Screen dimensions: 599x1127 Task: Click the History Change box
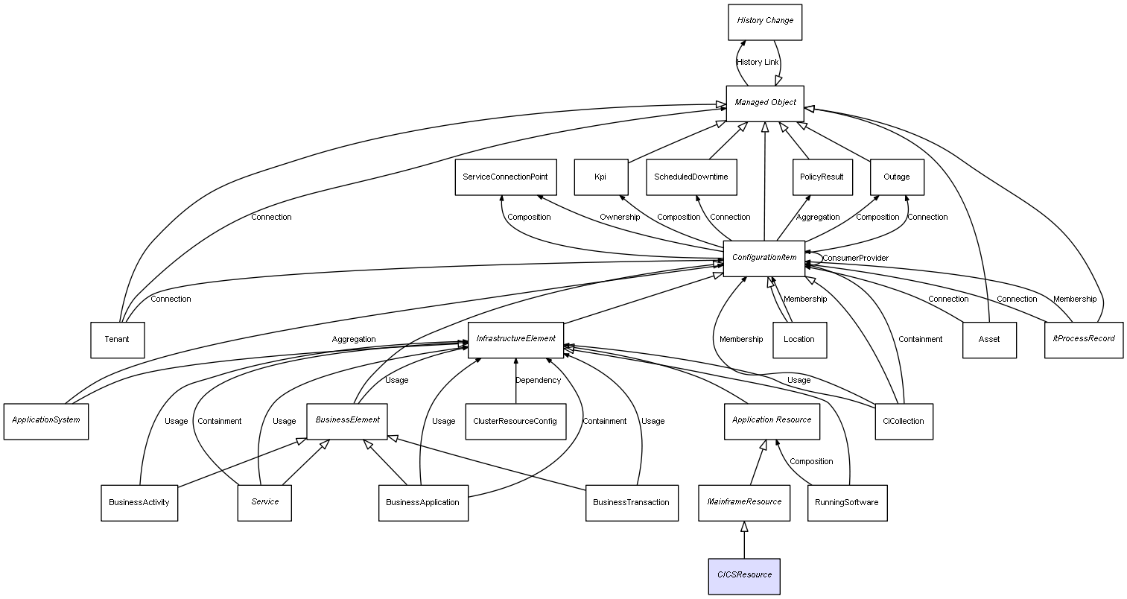(765, 22)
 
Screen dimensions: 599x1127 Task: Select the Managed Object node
(765, 103)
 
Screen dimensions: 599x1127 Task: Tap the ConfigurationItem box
(763, 258)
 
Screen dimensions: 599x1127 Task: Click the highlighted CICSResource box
(744, 576)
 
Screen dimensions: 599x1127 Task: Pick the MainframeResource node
(743, 502)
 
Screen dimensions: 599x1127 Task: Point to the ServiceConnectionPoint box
(504, 177)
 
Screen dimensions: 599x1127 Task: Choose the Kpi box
(600, 177)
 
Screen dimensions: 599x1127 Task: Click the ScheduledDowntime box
(691, 177)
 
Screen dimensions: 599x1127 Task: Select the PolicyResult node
(821, 177)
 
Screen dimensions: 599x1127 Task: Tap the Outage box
(896, 177)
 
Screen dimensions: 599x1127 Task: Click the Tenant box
(117, 340)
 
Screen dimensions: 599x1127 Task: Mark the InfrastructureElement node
(515, 339)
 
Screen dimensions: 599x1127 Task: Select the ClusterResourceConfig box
(515, 422)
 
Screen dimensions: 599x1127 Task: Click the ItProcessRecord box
(1083, 339)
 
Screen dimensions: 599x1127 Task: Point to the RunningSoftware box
(847, 502)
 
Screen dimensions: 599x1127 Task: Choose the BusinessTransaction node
(631, 502)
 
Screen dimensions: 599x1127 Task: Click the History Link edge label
(758, 63)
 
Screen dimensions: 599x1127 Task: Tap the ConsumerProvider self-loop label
(855, 259)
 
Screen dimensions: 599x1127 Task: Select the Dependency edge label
(539, 381)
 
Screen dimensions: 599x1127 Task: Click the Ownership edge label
(620, 218)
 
